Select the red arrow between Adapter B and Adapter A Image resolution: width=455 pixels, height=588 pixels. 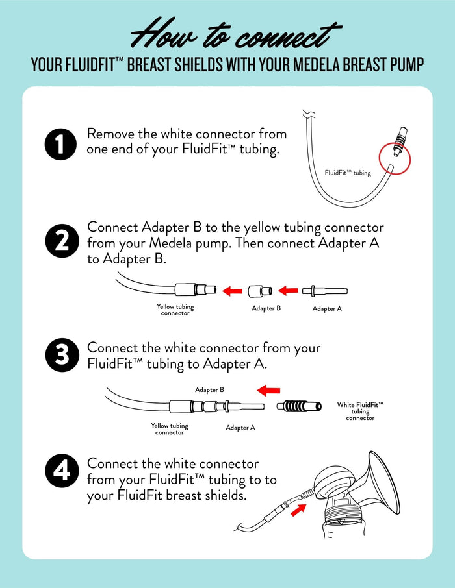[288, 290]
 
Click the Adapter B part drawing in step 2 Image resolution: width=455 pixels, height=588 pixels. [260, 290]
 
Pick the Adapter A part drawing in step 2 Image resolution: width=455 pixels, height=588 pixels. [330, 290]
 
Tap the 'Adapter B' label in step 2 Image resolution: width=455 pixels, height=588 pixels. [266, 308]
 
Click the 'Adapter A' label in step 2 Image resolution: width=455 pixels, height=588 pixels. [327, 309]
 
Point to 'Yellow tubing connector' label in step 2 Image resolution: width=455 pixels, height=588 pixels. [175, 310]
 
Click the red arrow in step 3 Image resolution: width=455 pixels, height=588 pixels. [268, 391]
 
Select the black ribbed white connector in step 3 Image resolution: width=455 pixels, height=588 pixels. [300, 406]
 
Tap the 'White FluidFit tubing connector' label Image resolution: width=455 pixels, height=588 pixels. [360, 411]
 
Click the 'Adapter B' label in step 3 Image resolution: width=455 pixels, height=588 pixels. [209, 390]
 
